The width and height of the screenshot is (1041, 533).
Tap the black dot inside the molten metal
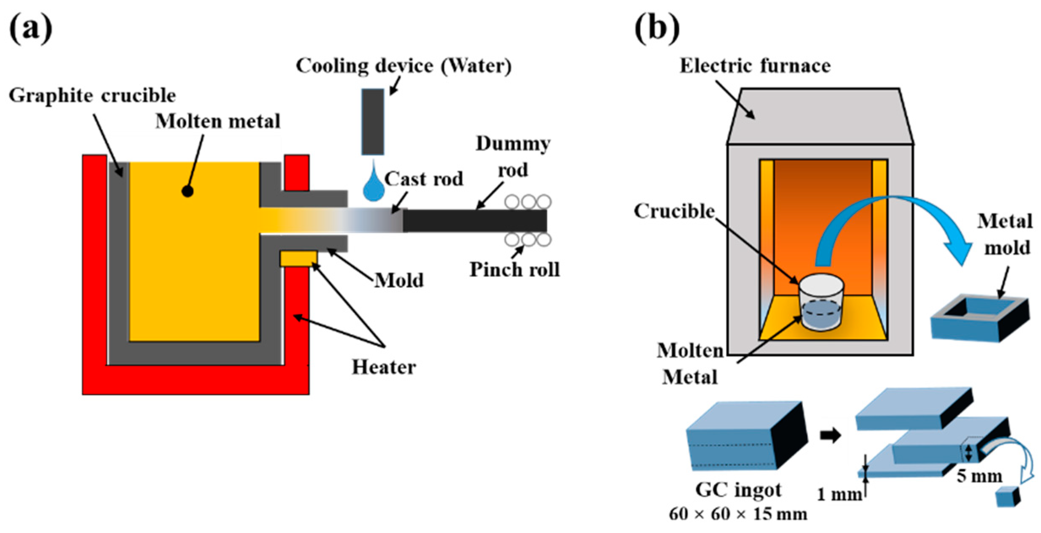[187, 192]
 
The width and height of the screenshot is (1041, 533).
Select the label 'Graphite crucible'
[92, 96]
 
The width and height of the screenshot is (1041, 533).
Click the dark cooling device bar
[373, 122]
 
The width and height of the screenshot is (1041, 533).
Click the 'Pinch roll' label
[515, 270]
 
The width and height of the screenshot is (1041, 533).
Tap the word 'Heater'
[384, 367]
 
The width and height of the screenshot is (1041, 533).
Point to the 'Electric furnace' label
[755, 66]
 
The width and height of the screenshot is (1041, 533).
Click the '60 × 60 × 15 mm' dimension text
[738, 514]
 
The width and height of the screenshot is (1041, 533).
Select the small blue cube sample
[1008, 497]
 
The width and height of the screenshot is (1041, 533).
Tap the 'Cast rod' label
[424, 179]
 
